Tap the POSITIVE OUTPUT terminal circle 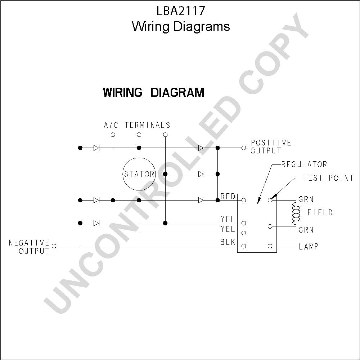pos(244,148)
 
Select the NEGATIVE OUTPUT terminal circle pos(54,246)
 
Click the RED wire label pos(228,196)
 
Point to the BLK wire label pos(228,242)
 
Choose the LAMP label pos(309,247)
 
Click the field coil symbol pos(296,213)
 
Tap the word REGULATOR pos(304,165)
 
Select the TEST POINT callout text pos(328,178)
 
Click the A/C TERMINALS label pos(137,125)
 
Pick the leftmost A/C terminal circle pos(113,135)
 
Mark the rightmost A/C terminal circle pos(165,135)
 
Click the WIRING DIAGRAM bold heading pos(154,92)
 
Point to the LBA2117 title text pos(181,11)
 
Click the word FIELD pos(320,212)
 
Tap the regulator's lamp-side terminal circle pos(270,246)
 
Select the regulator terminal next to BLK pos(244,246)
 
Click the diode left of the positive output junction pos(201,148)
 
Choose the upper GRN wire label pos(306,199)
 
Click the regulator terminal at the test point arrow pos(270,200)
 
